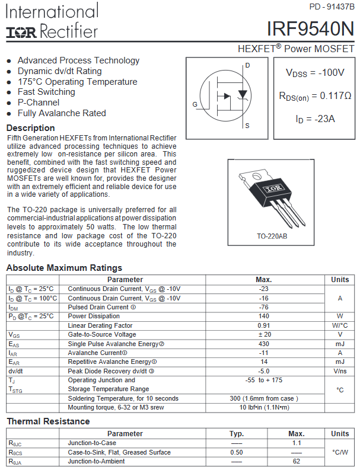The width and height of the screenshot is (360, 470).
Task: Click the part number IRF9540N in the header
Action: [x=310, y=29]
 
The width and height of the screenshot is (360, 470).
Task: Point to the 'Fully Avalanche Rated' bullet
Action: [x=62, y=113]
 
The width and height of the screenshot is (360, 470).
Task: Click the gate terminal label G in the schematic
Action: [x=195, y=104]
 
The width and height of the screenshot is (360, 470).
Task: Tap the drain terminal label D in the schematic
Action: [x=247, y=65]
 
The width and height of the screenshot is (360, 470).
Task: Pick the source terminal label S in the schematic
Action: [x=247, y=126]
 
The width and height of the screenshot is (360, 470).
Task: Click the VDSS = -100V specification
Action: [x=315, y=73]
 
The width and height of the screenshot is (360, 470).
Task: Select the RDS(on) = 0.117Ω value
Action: [x=315, y=95]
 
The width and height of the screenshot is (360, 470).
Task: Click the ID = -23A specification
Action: [x=315, y=119]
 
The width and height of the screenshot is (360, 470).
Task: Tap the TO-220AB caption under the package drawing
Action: [x=272, y=236]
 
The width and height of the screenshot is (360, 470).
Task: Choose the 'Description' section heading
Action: [x=30, y=128]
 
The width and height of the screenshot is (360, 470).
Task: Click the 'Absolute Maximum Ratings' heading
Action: [x=64, y=268]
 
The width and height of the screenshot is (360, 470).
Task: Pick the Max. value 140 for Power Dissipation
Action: [x=264, y=316]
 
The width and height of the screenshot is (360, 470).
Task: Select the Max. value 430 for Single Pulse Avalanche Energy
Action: [x=264, y=344]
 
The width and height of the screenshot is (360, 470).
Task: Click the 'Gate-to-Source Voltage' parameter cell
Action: [x=102, y=335]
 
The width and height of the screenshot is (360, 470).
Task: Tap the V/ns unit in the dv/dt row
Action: [x=340, y=371]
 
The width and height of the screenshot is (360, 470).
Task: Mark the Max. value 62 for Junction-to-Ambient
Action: [x=297, y=461]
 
